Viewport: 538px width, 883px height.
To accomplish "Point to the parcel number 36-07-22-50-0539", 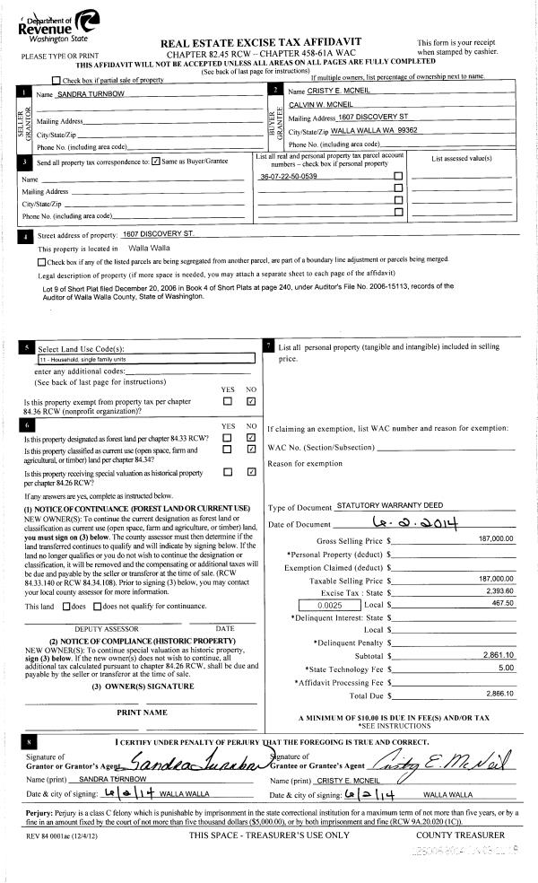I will tap(288, 177).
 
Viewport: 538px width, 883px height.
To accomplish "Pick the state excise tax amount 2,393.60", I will tap(497, 592).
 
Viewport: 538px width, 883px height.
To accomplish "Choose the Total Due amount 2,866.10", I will tap(497, 695).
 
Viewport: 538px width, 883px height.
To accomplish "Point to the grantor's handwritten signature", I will tap(196, 762).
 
